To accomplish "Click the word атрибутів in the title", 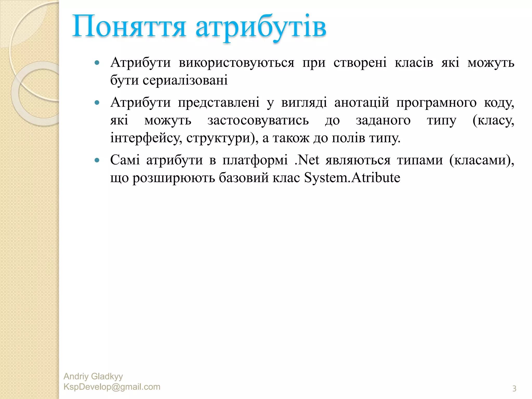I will (261, 28).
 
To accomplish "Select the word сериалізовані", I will (185, 80).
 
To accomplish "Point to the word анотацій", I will (362, 102).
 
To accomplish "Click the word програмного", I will (436, 102).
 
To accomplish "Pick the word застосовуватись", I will (258, 120).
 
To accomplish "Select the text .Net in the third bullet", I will (307, 160).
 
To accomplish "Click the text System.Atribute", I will (352, 178).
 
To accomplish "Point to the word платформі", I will (255, 160).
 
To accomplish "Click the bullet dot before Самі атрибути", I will (97, 160).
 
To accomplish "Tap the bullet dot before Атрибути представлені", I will (97, 103).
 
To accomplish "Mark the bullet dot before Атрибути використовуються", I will (97, 63).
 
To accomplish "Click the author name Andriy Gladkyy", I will (93, 376).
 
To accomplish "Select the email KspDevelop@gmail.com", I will (112, 387).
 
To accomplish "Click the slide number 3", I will (514, 389).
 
